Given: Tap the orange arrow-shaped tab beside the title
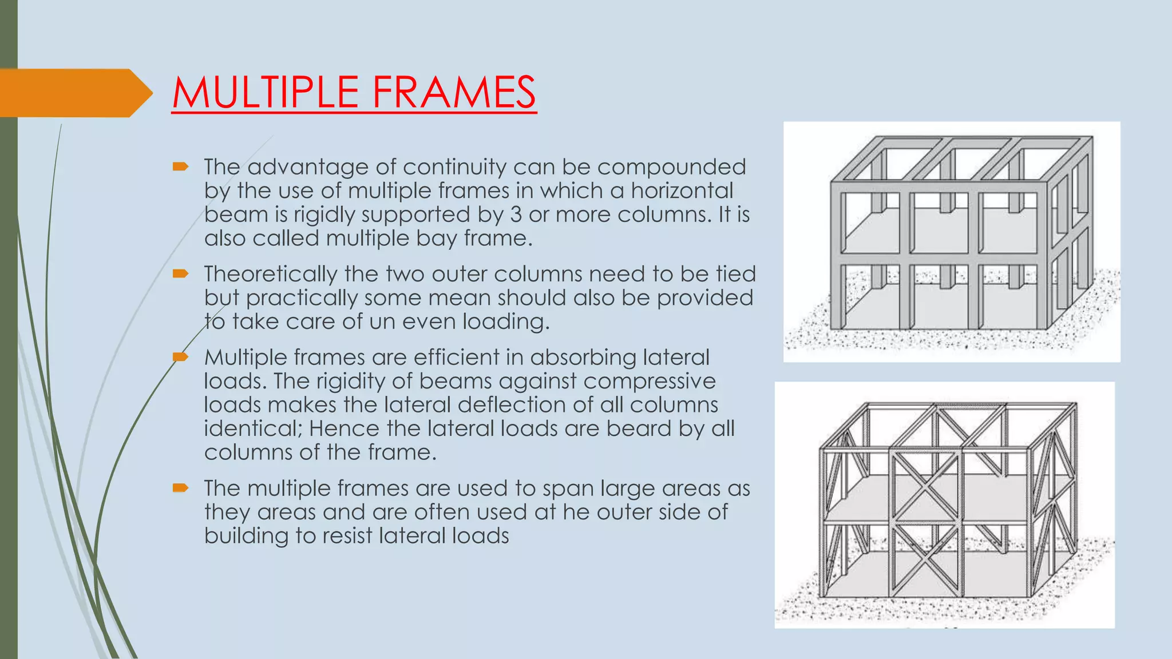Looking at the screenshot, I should click(x=74, y=93).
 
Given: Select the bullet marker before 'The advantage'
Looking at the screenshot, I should click(x=181, y=166).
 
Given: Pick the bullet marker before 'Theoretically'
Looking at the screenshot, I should click(x=181, y=273).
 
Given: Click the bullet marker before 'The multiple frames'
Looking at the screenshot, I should click(x=181, y=487).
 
